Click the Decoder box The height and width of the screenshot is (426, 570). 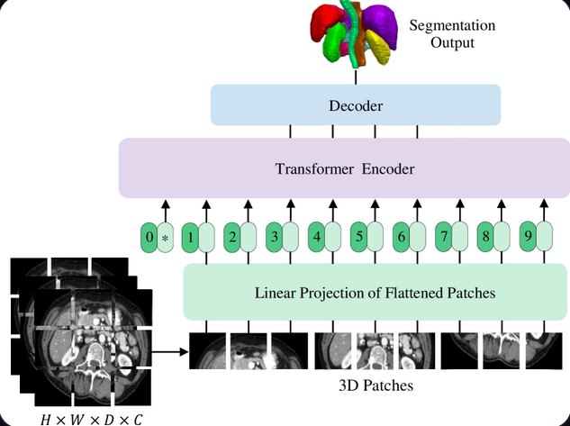click(355, 105)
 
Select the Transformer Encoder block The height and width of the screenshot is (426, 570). click(344, 168)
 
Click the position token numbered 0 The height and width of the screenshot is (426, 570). click(149, 239)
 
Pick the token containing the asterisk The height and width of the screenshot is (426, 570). click(165, 239)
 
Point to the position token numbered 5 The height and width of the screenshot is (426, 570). click(358, 239)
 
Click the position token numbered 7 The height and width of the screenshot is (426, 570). click(442, 239)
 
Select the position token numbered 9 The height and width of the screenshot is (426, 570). click(528, 239)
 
